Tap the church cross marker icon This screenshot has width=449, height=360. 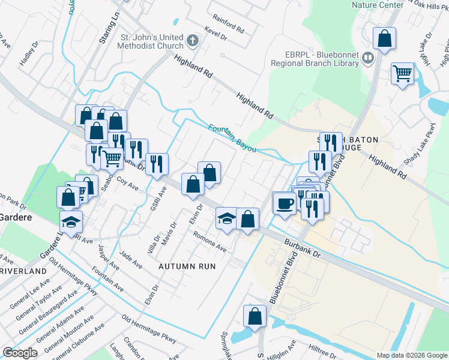192,41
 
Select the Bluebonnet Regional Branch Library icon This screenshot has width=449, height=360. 369,58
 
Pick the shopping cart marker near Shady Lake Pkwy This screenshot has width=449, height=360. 402,74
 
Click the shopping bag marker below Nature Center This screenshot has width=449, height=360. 384,39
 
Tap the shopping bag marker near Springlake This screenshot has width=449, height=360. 255,316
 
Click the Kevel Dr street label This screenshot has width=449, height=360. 215,37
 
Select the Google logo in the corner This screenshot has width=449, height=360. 20,353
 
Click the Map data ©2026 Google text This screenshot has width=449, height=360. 411,355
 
